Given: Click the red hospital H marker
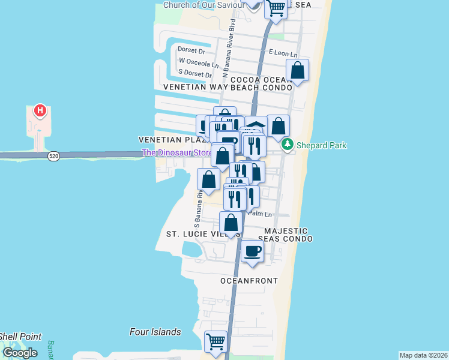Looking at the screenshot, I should click(40, 110).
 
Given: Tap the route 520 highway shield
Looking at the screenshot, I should click(54, 156).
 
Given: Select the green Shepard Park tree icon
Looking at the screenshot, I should click(288, 145).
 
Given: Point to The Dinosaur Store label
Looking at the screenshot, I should click(176, 153).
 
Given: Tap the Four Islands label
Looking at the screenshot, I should click(155, 332).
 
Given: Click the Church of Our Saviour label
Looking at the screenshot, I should click(204, 5).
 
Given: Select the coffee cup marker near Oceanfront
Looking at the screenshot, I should click(253, 251).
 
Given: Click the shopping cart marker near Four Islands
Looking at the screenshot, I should click(216, 343).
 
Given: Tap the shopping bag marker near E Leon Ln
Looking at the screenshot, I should click(298, 71).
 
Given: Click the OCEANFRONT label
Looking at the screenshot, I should click(249, 281).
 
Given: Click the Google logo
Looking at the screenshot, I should click(20, 353).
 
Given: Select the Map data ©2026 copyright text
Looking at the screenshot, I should click(424, 355).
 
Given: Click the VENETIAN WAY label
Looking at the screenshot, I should click(188, 87).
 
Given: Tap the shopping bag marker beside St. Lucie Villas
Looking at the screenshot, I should click(231, 223).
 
